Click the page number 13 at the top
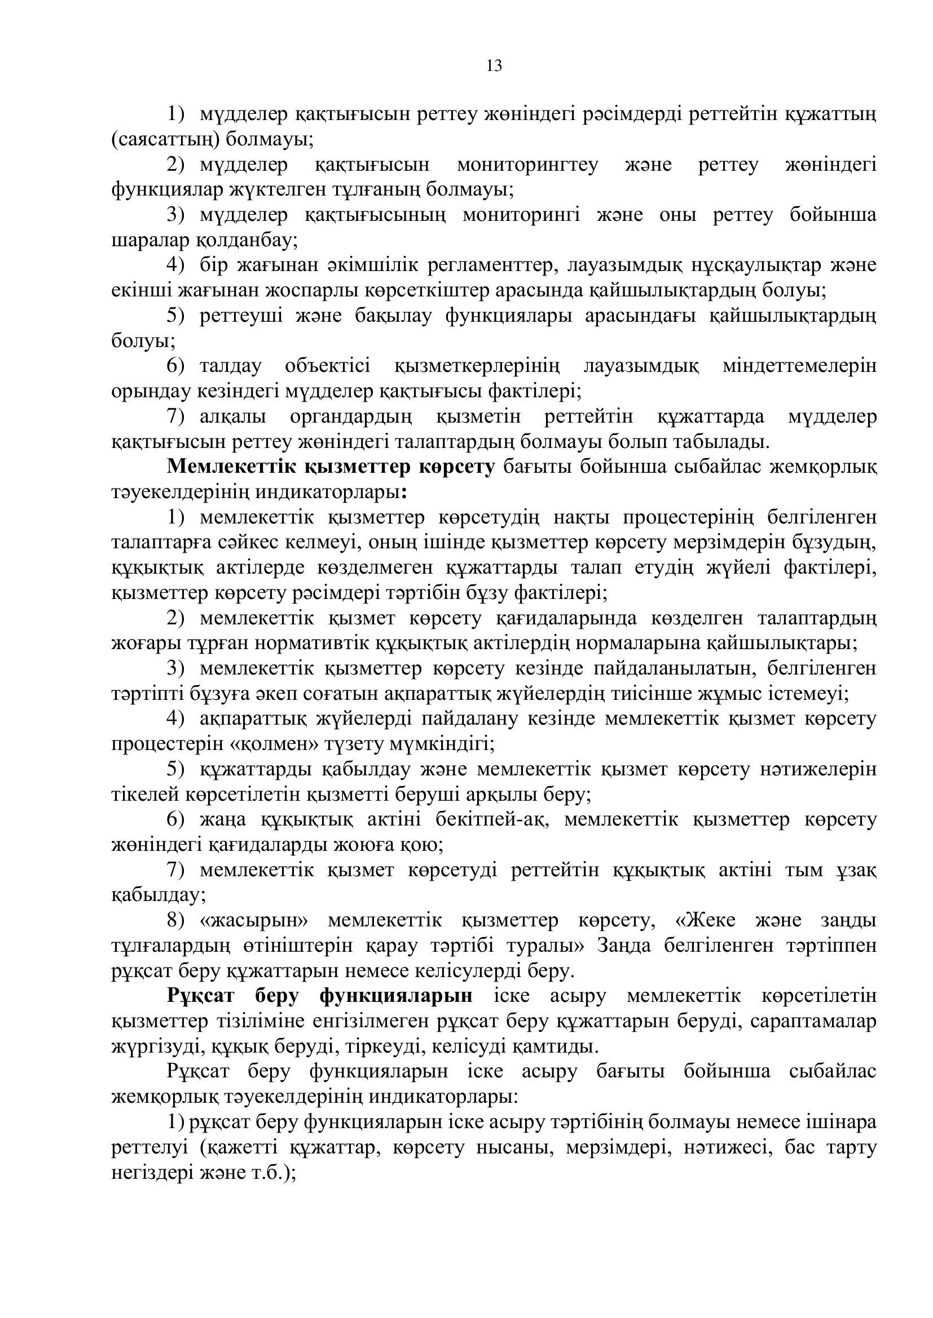point(494,66)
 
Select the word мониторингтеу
point(527,165)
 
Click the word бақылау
point(393,316)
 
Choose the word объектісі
point(328,366)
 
